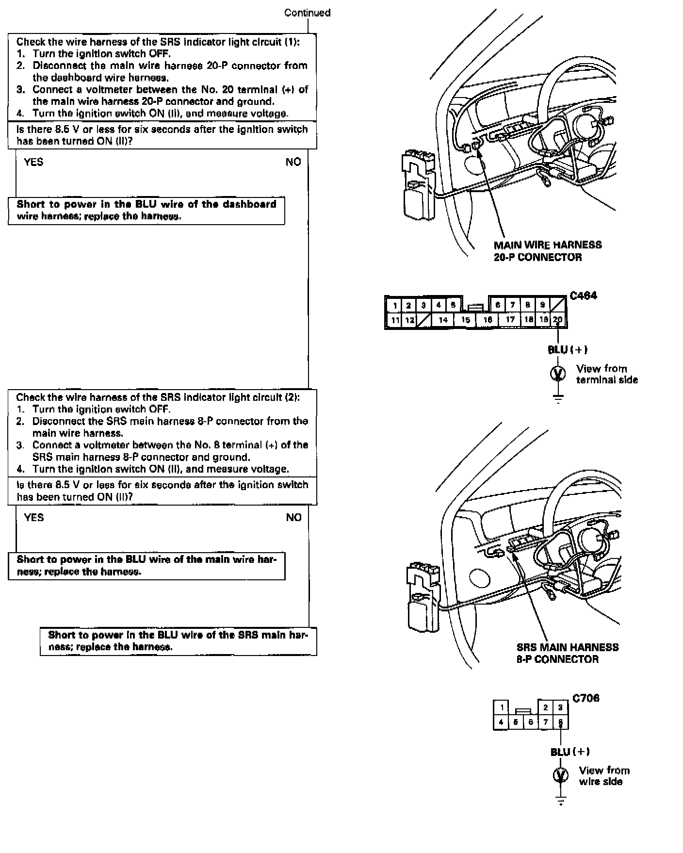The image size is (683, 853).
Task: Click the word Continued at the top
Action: (307, 13)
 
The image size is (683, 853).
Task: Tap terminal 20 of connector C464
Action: (558, 320)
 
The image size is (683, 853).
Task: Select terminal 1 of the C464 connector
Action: (395, 305)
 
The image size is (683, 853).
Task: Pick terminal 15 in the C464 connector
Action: (466, 320)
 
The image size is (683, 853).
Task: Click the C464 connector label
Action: (584, 295)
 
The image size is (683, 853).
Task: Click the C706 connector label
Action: (586, 698)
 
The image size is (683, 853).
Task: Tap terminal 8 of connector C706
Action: (560, 722)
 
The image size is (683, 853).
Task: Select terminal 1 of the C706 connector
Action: (502, 707)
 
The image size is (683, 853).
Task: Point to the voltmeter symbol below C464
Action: (558, 374)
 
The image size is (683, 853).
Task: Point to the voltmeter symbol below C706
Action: (561, 775)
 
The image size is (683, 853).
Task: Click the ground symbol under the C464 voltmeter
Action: (558, 399)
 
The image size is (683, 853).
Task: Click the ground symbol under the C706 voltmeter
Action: (561, 801)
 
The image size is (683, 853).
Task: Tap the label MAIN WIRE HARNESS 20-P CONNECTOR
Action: (547, 251)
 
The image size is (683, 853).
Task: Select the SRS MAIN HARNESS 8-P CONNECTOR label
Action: (567, 653)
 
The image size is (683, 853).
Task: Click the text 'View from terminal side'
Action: (606, 374)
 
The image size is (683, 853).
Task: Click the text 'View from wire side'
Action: (604, 776)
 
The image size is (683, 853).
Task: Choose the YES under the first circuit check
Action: (33, 162)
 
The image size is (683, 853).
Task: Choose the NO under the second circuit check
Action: (293, 518)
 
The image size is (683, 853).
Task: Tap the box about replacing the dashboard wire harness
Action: (146, 211)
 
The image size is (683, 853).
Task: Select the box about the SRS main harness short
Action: (178, 641)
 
